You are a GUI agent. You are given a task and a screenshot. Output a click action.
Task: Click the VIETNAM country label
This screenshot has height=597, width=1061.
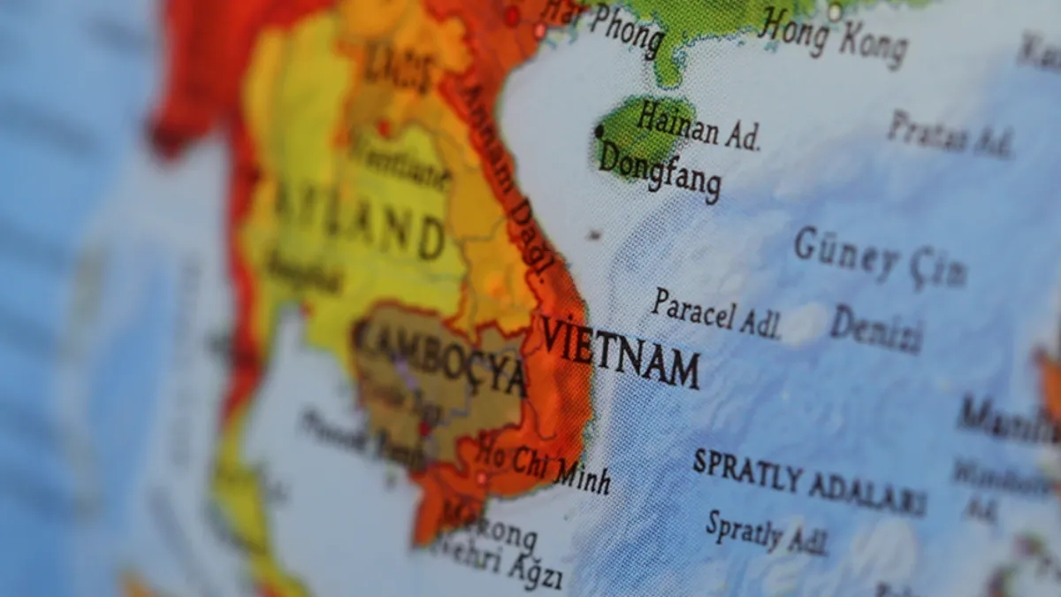619,349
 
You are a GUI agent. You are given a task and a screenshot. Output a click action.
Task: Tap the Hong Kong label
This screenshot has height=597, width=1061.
833,38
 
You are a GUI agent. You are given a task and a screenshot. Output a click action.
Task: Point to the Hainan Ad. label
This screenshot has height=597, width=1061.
698,126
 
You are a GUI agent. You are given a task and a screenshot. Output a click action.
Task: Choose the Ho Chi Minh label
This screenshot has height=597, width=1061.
544,465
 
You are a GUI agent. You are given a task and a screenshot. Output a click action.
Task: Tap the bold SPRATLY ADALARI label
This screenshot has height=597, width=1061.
808,481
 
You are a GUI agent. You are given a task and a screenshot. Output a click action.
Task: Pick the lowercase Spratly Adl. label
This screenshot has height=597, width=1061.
766,532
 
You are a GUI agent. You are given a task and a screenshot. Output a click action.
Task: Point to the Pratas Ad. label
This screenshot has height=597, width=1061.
950,134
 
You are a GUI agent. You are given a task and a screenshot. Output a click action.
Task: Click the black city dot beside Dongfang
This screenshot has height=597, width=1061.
599,132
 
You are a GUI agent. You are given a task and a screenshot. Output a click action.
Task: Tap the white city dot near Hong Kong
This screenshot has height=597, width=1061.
834,11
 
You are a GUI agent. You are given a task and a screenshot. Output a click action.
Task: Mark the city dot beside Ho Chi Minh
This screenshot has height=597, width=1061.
481,478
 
